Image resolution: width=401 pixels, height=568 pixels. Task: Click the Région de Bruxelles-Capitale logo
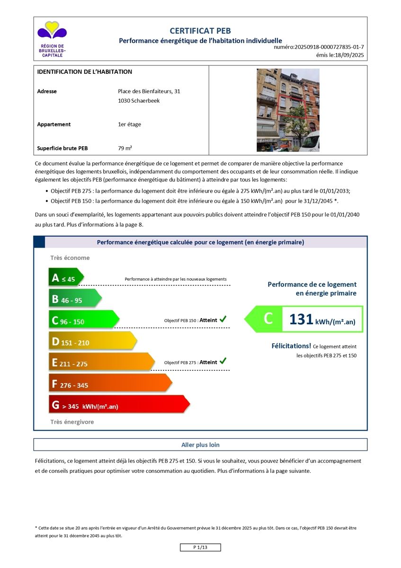(52, 39)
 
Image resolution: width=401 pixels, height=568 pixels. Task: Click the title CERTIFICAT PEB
(200, 31)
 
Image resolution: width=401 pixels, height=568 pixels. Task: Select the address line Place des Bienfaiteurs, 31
(149, 91)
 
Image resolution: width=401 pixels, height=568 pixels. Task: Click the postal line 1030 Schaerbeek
(139, 101)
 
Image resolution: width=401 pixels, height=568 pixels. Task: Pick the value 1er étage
(129, 124)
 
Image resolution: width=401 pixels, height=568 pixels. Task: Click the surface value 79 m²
(125, 148)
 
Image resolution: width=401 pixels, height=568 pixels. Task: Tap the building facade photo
(288, 110)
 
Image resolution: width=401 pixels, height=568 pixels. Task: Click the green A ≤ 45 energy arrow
(66, 278)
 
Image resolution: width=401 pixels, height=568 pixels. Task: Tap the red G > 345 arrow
(118, 405)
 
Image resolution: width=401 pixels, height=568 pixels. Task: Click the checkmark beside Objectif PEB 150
(223, 319)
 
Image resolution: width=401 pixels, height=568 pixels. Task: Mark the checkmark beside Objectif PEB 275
(223, 362)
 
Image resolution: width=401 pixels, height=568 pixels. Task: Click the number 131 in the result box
(301, 319)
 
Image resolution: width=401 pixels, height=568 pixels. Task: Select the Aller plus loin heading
(200, 445)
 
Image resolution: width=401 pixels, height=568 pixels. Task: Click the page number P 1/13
(200, 548)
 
